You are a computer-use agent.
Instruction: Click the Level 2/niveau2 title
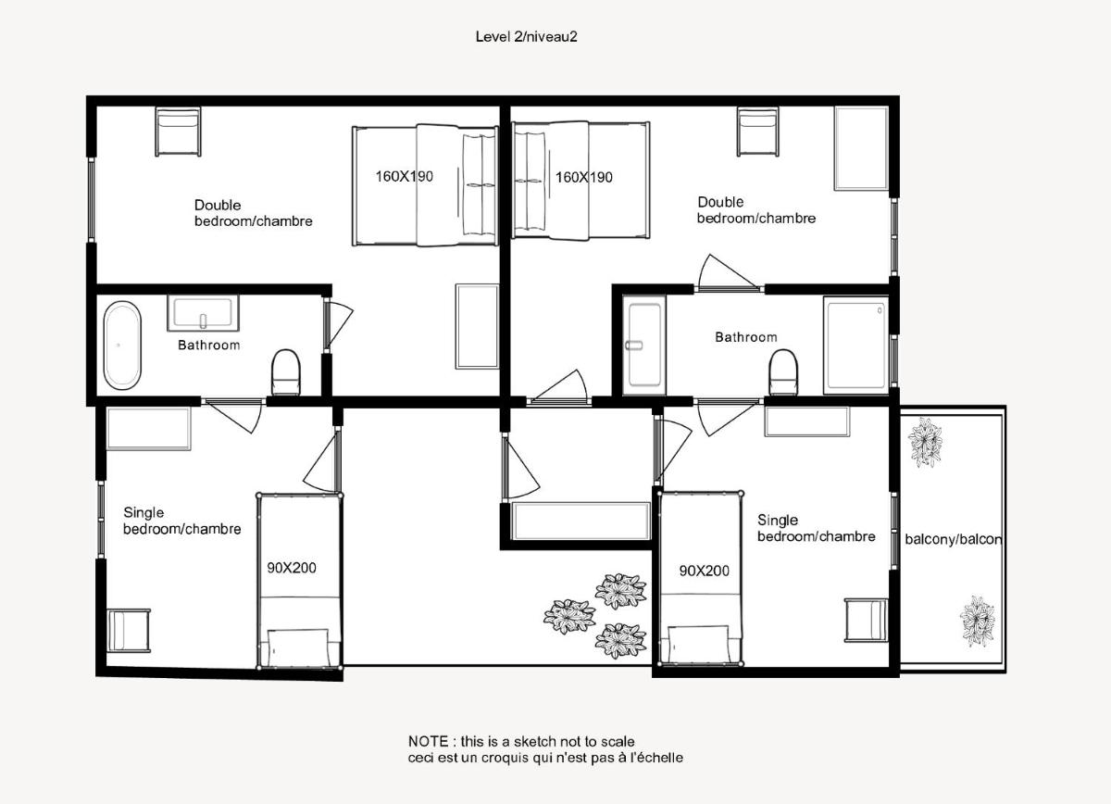pyautogui.click(x=526, y=37)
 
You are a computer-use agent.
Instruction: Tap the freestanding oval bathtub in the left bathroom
pyautogui.click(x=122, y=345)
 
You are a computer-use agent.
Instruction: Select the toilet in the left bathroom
pyautogui.click(x=286, y=372)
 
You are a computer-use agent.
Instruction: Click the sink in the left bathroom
pyautogui.click(x=203, y=313)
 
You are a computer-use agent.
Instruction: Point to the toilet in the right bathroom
pyautogui.click(x=783, y=372)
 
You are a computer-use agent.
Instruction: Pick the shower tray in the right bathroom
pyautogui.click(x=855, y=345)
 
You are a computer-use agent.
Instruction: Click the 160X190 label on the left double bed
pyautogui.click(x=405, y=176)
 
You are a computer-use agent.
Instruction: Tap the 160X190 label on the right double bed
pyautogui.click(x=584, y=177)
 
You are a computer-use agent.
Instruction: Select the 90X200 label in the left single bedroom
pyautogui.click(x=292, y=568)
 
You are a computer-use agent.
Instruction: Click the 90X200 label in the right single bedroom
pyautogui.click(x=705, y=571)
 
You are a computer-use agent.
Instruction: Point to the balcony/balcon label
pyautogui.click(x=954, y=539)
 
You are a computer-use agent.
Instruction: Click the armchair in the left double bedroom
pyautogui.click(x=178, y=132)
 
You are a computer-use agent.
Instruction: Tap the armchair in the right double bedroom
pyautogui.click(x=757, y=132)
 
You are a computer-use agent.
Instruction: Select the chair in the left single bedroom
pyautogui.click(x=129, y=630)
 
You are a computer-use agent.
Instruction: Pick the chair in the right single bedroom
pyautogui.click(x=866, y=621)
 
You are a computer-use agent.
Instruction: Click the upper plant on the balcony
pyautogui.click(x=925, y=442)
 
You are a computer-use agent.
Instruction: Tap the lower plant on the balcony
pyautogui.click(x=977, y=621)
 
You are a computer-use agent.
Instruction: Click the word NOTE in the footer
pyautogui.click(x=428, y=741)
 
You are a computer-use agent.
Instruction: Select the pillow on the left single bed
pyautogui.click(x=298, y=648)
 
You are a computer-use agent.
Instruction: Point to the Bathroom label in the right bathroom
pyautogui.click(x=746, y=337)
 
